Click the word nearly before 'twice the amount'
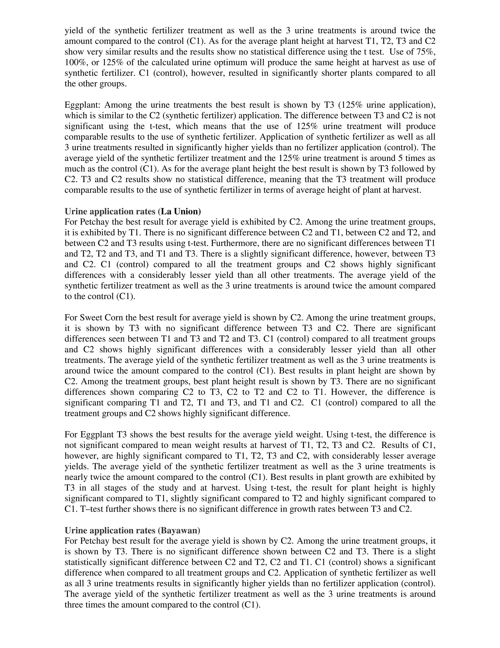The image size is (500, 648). coord(77,477)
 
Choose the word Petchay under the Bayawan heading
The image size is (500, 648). coord(94,541)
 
